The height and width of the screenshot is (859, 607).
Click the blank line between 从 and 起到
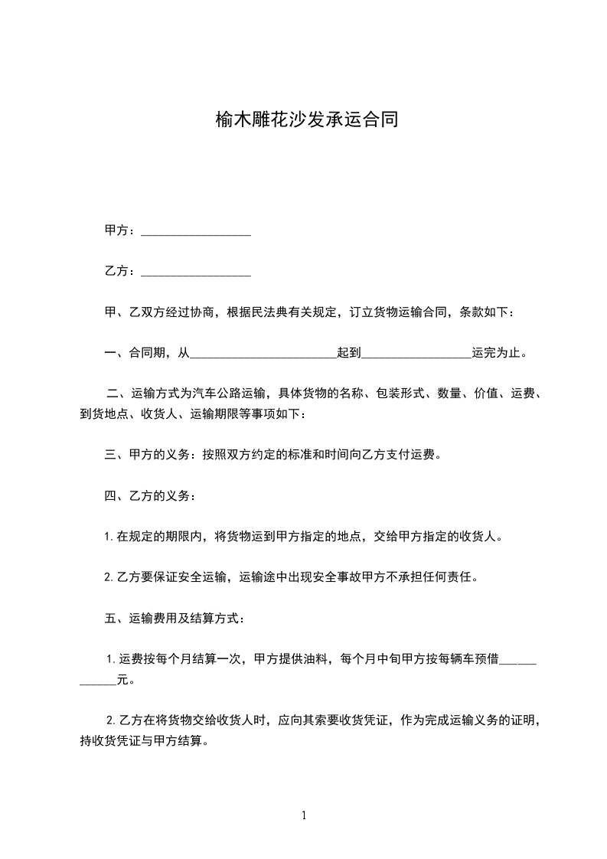point(263,354)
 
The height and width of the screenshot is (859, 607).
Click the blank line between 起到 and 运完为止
point(416,354)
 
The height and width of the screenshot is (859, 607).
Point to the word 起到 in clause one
point(349,354)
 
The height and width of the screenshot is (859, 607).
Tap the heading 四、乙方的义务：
point(149,496)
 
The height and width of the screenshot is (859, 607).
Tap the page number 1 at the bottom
point(304,816)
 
